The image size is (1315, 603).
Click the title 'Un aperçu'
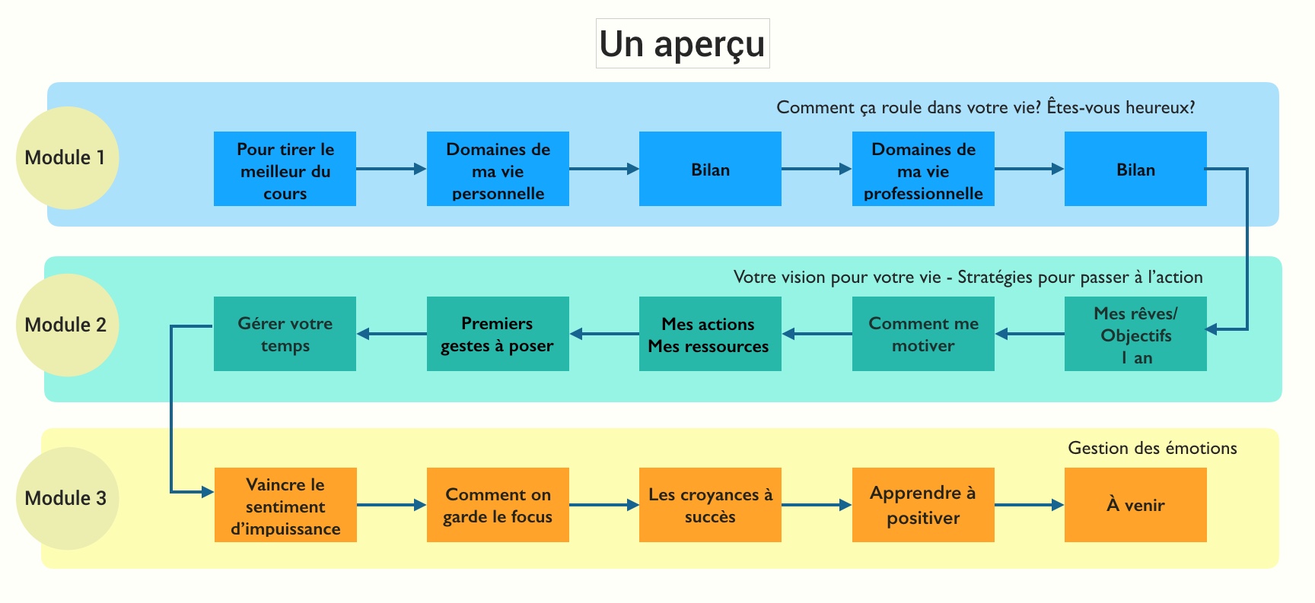pyautogui.click(x=682, y=44)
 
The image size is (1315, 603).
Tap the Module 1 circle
pyautogui.click(x=67, y=158)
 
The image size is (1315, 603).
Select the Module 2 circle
pyautogui.click(x=67, y=325)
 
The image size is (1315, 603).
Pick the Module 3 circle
pyautogui.click(x=67, y=499)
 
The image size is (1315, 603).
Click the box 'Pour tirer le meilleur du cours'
pyautogui.click(x=285, y=169)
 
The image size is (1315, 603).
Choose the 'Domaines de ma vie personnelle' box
pyautogui.click(x=498, y=169)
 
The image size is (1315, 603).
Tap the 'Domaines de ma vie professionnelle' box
pyautogui.click(x=923, y=169)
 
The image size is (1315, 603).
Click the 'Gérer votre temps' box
pyautogui.click(x=285, y=334)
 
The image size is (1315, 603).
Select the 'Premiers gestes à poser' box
pyautogui.click(x=498, y=334)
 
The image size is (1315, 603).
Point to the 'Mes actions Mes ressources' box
pyautogui.click(x=710, y=334)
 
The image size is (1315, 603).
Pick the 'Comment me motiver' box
pyautogui.click(x=923, y=334)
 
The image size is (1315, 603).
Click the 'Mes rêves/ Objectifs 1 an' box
pyautogui.click(x=1135, y=334)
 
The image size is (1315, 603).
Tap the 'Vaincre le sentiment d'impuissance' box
pyautogui.click(x=285, y=505)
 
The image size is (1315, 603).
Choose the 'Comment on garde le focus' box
pyautogui.click(x=498, y=505)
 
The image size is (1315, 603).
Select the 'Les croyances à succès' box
pyautogui.click(x=710, y=505)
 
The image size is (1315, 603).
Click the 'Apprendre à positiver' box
pyautogui.click(x=923, y=505)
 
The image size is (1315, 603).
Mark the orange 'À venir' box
pyautogui.click(x=1135, y=505)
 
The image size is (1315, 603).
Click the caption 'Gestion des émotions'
pyautogui.click(x=1152, y=449)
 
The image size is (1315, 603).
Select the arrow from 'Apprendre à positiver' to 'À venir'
pyautogui.click(x=1029, y=505)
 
